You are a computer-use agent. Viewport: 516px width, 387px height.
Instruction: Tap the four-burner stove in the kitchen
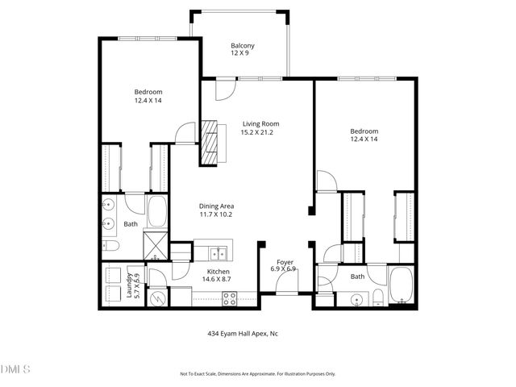coord(229,297)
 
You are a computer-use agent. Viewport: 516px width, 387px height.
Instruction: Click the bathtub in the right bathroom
coord(401,288)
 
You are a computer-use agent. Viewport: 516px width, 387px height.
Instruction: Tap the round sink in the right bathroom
coord(356,301)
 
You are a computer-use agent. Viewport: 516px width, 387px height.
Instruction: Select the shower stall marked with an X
coord(155,243)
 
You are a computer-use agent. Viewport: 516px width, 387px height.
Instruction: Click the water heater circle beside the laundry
coord(159,298)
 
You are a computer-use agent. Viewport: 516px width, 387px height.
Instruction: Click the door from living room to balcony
coord(223,89)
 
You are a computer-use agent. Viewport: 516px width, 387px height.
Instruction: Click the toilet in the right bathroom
coord(376,301)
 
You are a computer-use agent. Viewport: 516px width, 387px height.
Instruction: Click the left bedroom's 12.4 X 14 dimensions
coord(148,101)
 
